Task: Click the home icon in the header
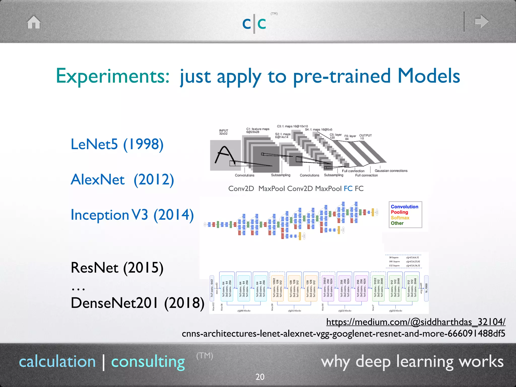[34, 22]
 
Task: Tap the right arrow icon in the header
[481, 21]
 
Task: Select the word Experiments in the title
[113, 76]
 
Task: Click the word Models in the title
[429, 76]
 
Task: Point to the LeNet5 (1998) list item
[117, 144]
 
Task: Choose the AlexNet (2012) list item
[122, 180]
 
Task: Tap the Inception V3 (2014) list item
[132, 215]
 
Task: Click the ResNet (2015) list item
[117, 268]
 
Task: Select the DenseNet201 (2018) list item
[138, 303]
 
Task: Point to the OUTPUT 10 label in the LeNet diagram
[365, 137]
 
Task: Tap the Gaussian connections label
[391, 171]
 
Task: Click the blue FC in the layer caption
[348, 188]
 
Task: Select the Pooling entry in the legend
[399, 212]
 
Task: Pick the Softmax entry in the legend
[400, 218]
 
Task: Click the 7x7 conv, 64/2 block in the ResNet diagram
[212, 288]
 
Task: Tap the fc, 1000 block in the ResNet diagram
[426, 288]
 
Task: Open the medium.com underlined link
[416, 322]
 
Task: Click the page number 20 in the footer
[260, 377]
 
